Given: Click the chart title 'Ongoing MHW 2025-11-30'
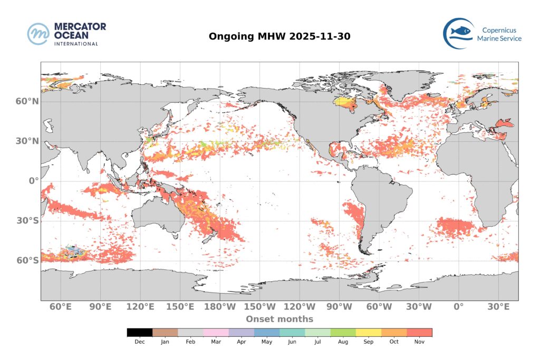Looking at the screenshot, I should pyautogui.click(x=279, y=36).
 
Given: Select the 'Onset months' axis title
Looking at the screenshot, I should pyautogui.click(x=279, y=319).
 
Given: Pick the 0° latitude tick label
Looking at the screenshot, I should pyautogui.click(x=33, y=181).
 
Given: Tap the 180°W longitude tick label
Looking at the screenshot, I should pyautogui.click(x=220, y=306).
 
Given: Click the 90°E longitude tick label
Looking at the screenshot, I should pyautogui.click(x=100, y=306).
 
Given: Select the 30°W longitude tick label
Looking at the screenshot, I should pyautogui.click(x=419, y=306).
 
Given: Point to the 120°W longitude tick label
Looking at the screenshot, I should pyautogui.click(x=300, y=306).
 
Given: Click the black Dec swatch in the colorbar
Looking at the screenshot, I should pyautogui.click(x=140, y=333).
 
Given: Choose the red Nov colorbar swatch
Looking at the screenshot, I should pyautogui.click(x=419, y=333).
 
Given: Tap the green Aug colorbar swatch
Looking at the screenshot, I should pyautogui.click(x=343, y=333).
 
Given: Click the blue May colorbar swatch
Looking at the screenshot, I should pyautogui.click(x=267, y=333).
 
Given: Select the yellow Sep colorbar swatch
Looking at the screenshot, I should pyautogui.click(x=369, y=333).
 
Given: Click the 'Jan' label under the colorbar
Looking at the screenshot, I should pyautogui.click(x=165, y=342).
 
